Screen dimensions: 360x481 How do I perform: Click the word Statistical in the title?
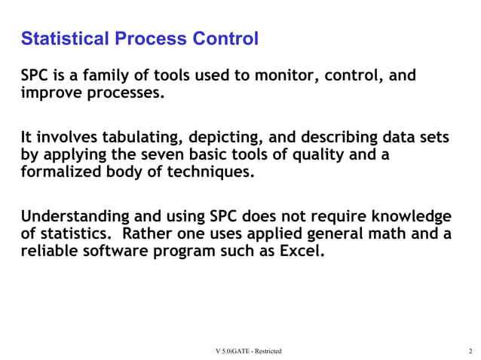pyautogui.click(x=62, y=38)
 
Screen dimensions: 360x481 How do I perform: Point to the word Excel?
pyautogui.click(x=303, y=252)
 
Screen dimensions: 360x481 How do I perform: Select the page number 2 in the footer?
pyautogui.click(x=470, y=352)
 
